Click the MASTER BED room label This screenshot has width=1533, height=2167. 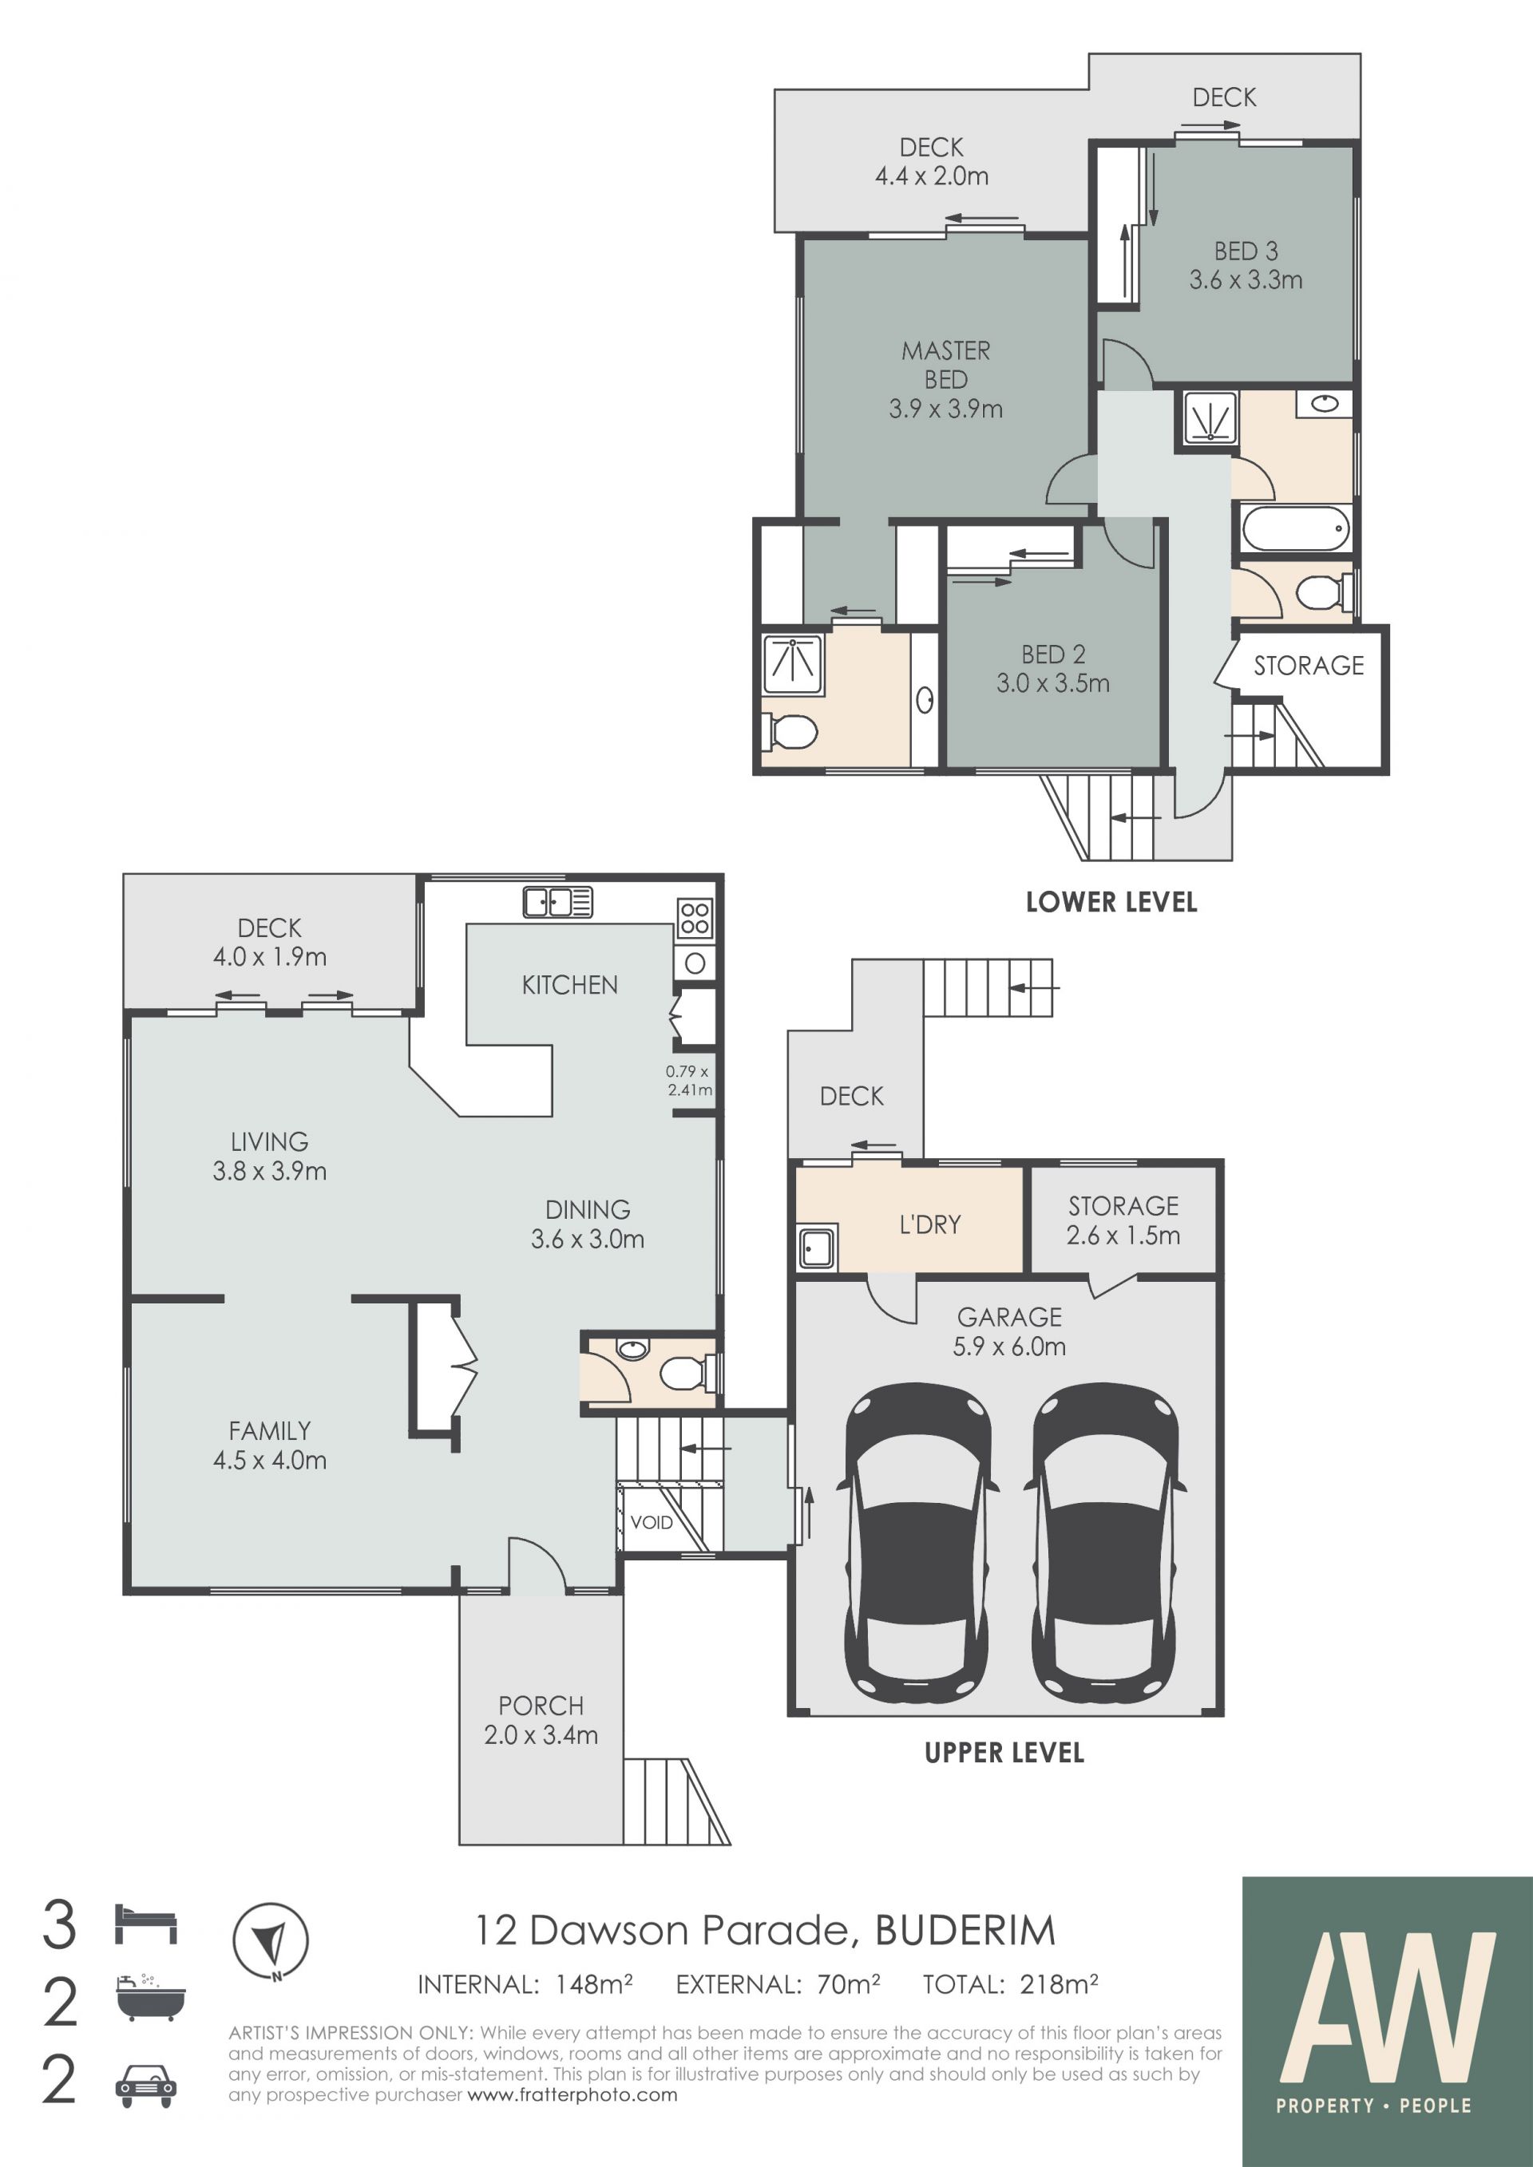946,366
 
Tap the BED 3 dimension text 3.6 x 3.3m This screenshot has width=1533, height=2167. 1246,280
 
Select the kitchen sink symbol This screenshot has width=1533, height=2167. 558,902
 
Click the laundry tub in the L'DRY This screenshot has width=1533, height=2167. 818,1248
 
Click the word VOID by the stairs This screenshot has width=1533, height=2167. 652,1521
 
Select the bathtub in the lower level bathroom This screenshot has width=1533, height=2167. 1295,528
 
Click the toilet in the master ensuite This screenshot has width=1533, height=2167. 790,731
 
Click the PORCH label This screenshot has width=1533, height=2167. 541,1706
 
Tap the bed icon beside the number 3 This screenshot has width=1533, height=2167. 145,1924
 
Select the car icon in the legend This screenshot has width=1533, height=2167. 145,2086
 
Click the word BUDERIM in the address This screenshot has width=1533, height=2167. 965,1931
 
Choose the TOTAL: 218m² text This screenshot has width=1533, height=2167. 1011,1985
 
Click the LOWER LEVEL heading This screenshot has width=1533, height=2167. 1111,902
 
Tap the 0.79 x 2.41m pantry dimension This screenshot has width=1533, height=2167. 688,1081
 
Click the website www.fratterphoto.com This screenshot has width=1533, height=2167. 572,2095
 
